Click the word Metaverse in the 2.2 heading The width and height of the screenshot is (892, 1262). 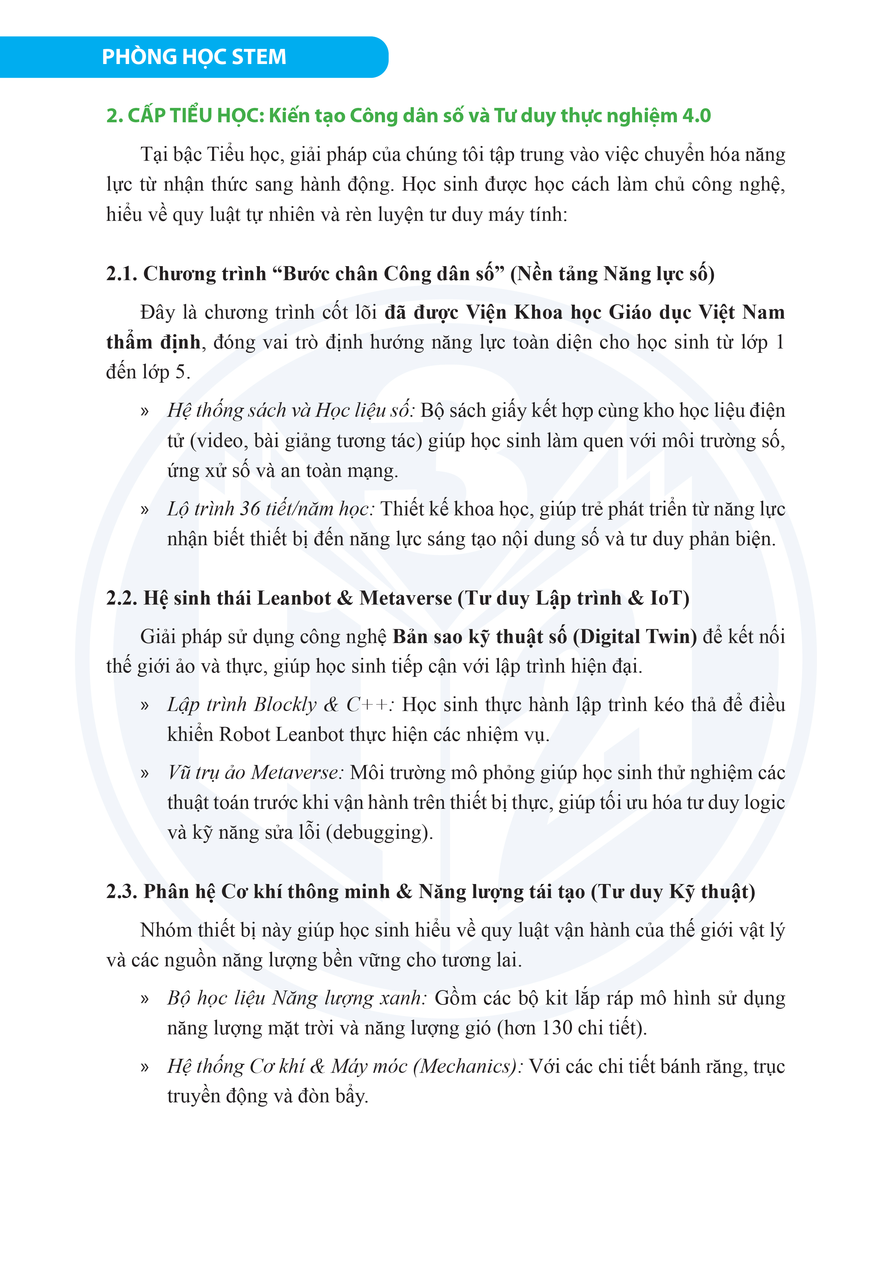click(406, 598)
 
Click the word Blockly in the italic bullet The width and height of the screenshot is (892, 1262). click(285, 705)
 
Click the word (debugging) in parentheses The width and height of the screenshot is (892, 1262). click(379, 833)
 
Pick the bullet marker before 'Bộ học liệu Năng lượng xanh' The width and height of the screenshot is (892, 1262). click(145, 999)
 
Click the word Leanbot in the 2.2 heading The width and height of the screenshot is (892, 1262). click(293, 598)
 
